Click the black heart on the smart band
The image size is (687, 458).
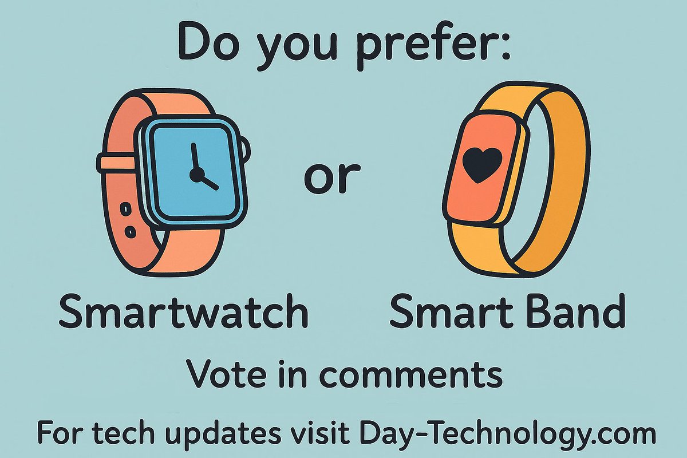coord(482,163)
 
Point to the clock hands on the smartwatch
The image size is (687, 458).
coord(200,169)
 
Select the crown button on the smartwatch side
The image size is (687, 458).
coord(246,150)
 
